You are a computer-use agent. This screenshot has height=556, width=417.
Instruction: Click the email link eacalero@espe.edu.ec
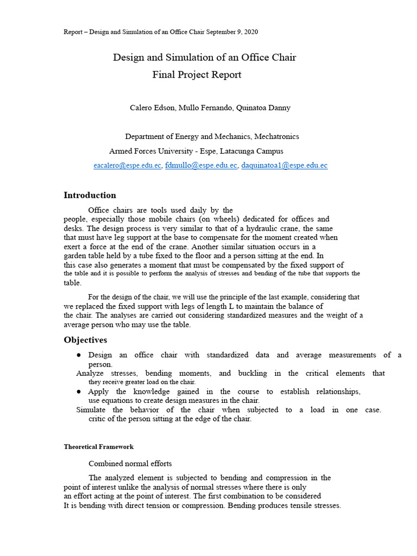[127, 166]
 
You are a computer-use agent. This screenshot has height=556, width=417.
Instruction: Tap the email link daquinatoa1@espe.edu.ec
[284, 166]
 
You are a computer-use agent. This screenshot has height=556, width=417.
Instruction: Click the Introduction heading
[90, 195]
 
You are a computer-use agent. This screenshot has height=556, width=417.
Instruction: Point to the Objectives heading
[85, 340]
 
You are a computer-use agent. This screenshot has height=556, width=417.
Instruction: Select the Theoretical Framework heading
[98, 447]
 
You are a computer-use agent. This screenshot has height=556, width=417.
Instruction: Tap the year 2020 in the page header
[251, 32]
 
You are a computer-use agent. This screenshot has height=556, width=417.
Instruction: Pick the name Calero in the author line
[141, 108]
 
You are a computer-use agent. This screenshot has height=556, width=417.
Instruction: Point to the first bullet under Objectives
[79, 355]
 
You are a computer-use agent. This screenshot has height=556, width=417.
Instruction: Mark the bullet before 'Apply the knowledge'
[79, 391]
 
